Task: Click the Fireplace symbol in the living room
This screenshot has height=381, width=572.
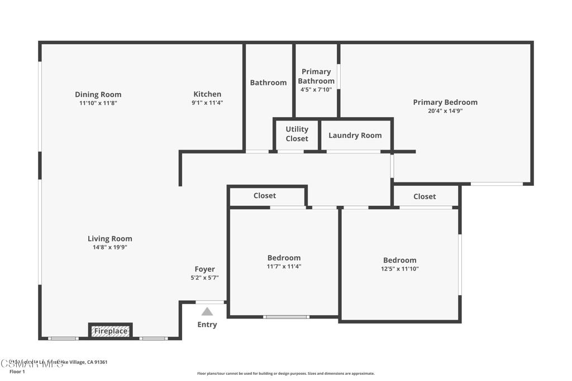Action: [110, 331]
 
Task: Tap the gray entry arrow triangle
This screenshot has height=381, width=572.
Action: [207, 312]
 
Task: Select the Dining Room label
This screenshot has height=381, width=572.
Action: [98, 94]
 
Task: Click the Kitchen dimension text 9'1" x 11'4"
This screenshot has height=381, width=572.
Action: [207, 103]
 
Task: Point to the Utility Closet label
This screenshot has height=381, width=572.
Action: [297, 134]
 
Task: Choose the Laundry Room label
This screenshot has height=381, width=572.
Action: [355, 135]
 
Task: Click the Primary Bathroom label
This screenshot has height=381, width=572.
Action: [316, 76]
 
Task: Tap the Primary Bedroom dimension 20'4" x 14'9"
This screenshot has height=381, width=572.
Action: [445, 110]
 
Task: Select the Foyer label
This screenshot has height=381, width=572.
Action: [204, 269]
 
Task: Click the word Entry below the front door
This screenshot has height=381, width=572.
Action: [207, 325]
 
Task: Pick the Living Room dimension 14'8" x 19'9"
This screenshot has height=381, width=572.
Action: [110, 247]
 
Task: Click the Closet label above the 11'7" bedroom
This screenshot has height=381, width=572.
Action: [265, 196]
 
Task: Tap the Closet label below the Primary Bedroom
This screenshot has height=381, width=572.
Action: [425, 196]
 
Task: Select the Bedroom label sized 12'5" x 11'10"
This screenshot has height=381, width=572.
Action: [399, 260]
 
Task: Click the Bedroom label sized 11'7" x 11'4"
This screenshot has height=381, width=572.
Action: [284, 258]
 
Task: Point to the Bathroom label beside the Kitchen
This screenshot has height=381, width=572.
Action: [268, 83]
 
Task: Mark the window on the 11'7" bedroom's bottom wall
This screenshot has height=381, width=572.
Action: [286, 317]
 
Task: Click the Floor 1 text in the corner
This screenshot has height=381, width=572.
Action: [17, 372]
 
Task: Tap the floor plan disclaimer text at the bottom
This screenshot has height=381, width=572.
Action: [285, 374]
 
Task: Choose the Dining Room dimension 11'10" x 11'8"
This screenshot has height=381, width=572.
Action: [98, 103]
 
